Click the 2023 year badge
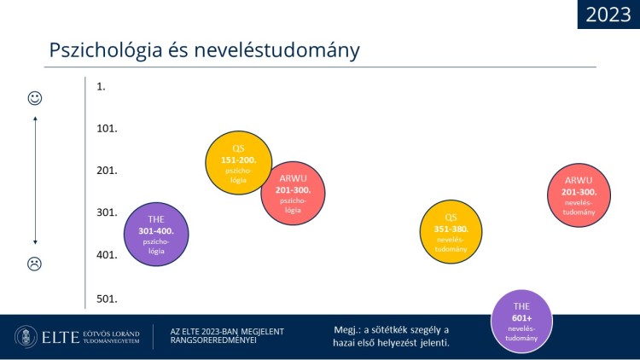click(x=608, y=15)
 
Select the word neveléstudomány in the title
click(x=276, y=50)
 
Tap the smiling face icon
click(x=35, y=98)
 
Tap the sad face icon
click(x=35, y=264)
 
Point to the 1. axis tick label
click(x=101, y=86)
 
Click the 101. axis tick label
click(x=107, y=129)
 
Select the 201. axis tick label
click(x=107, y=171)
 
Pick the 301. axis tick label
click(x=107, y=212)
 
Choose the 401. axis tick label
click(x=107, y=255)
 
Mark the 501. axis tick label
click(x=107, y=299)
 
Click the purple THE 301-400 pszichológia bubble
click(x=156, y=235)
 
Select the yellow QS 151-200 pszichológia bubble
click(x=239, y=163)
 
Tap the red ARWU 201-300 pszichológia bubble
click(x=293, y=193)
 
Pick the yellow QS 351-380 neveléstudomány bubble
click(x=451, y=231)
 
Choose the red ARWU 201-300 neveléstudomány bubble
click(x=579, y=195)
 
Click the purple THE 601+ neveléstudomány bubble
click(x=521, y=322)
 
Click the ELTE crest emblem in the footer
click(x=26, y=337)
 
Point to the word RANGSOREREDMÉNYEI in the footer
click(x=213, y=340)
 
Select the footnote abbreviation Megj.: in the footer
click(x=347, y=330)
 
